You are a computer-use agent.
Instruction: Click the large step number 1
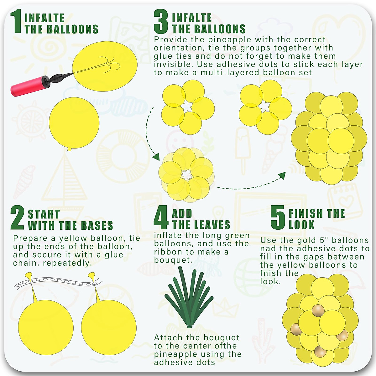(17, 21)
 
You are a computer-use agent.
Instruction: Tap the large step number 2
(17, 218)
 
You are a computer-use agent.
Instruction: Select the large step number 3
(161, 21)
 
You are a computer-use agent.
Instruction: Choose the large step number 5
(278, 217)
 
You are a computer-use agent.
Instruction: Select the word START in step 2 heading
(44, 214)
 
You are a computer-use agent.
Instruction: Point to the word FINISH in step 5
(306, 214)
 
